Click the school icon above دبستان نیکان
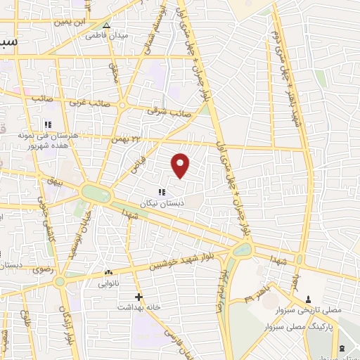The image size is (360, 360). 162,192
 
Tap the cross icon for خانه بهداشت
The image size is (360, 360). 139,297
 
